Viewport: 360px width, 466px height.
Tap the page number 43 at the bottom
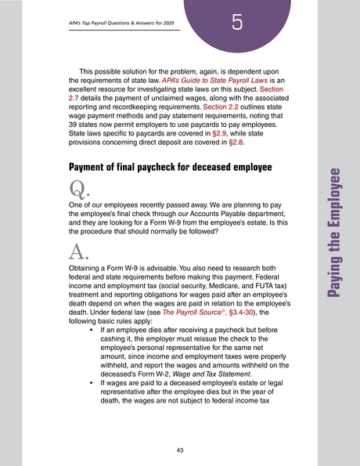tap(179, 450)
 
